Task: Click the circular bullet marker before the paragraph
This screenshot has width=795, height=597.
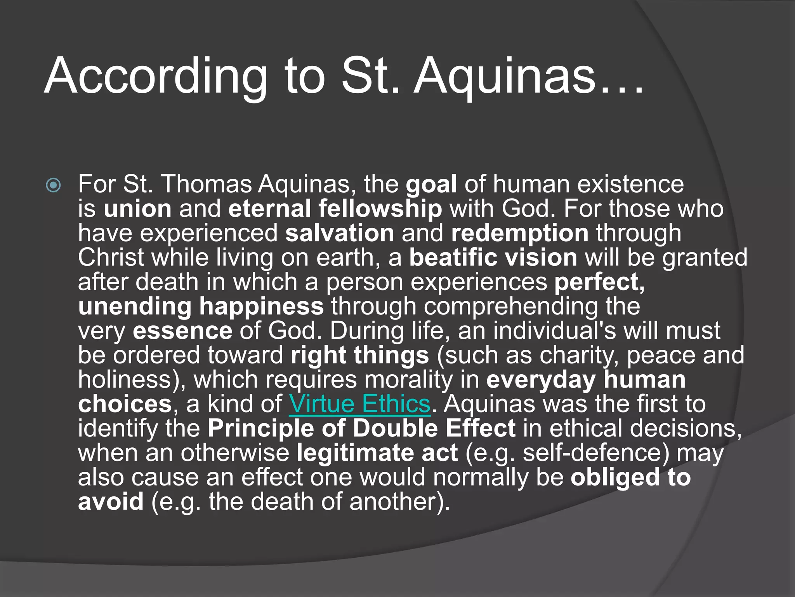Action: coord(53,185)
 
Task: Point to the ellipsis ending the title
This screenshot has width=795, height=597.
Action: coord(621,89)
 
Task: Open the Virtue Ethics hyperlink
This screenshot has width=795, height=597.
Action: coord(359,404)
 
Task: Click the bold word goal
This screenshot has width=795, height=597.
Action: coord(431,185)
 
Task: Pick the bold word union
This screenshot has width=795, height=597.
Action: coord(137,209)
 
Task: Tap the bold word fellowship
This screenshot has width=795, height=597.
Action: coord(380,209)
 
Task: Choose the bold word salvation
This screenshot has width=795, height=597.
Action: coord(340,233)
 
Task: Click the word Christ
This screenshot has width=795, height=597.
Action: coord(111,258)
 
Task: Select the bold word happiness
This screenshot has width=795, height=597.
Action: coord(261,307)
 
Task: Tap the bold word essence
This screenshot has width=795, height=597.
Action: coord(182,331)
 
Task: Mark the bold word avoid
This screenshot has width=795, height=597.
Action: coord(111,502)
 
